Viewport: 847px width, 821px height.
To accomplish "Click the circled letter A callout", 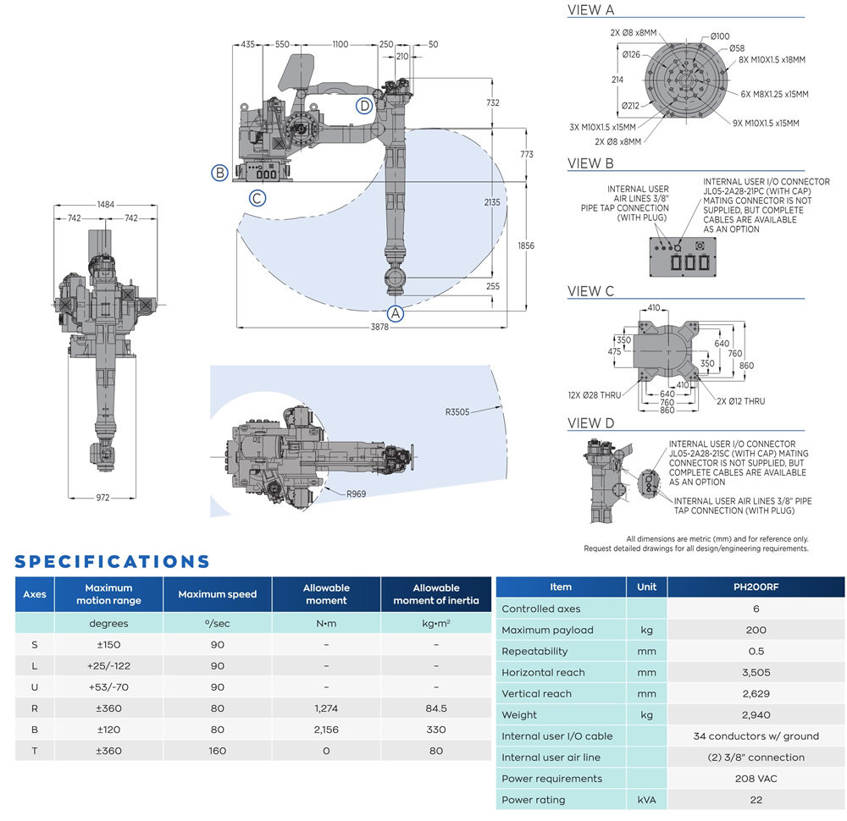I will click(395, 312).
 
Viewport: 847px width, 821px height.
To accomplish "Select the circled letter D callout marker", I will click(364, 106).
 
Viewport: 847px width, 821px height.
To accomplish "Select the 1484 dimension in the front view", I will click(105, 205).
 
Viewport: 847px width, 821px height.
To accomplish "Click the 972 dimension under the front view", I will click(102, 498).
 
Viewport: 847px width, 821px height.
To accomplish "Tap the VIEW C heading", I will click(590, 292).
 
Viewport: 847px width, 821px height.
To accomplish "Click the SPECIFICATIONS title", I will click(113, 561).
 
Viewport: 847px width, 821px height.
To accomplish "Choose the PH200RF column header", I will click(756, 587).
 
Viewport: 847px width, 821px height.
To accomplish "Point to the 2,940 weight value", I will click(756, 715).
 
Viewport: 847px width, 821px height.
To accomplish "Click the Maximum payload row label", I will click(547, 630).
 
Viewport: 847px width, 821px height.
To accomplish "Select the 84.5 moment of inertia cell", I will click(435, 708).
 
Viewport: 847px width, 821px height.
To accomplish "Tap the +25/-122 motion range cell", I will click(108, 666).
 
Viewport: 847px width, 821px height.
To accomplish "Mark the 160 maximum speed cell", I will click(217, 751).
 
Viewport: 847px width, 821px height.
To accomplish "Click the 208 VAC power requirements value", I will click(756, 779).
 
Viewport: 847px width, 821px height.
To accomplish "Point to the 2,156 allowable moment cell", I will click(326, 730).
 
